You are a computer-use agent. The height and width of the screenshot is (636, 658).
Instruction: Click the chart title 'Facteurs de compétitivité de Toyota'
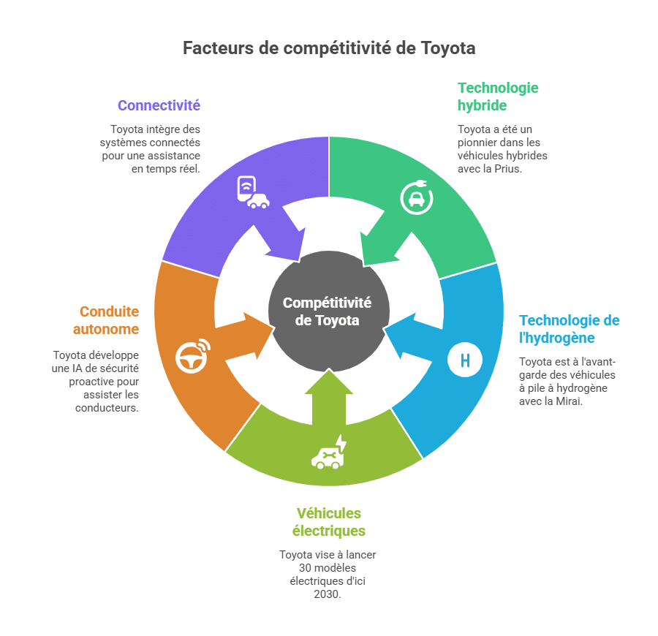click(329, 48)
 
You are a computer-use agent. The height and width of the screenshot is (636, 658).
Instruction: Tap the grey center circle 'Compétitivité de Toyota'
click(328, 311)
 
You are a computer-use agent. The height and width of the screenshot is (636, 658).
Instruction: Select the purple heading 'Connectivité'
click(159, 105)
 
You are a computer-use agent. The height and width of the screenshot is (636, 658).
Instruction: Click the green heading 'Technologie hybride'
click(498, 96)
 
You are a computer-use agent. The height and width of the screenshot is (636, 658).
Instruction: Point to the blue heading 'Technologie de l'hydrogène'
click(569, 329)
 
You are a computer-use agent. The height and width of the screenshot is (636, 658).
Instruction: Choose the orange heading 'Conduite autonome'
click(106, 320)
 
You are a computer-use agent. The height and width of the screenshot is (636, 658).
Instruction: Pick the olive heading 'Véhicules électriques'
click(328, 522)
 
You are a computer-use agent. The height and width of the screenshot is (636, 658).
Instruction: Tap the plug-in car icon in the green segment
click(416, 197)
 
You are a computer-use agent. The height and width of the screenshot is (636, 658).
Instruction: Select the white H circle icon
click(464, 360)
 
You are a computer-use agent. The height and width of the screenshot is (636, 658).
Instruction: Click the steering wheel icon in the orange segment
click(193, 356)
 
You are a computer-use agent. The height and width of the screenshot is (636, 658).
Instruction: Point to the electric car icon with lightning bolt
click(329, 453)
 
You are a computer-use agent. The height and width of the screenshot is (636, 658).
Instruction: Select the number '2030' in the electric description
click(326, 594)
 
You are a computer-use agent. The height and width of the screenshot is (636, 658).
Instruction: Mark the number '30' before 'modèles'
click(305, 568)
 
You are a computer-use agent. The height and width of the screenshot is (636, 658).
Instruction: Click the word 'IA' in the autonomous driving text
click(77, 368)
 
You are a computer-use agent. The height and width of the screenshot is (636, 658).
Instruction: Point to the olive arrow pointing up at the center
click(329, 396)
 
